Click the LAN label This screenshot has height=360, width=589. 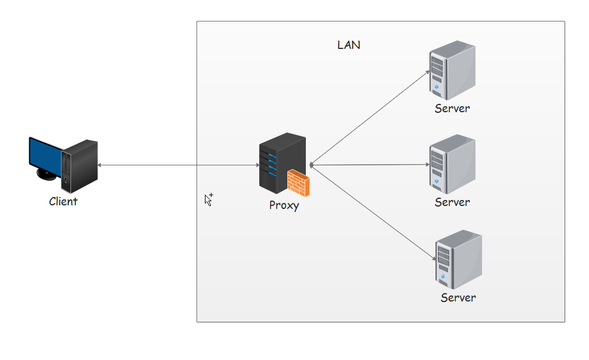pyautogui.click(x=349, y=45)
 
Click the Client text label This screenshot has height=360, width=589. pyautogui.click(x=63, y=201)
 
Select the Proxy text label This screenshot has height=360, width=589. pyautogui.click(x=284, y=205)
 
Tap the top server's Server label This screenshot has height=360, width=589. pyautogui.click(x=452, y=109)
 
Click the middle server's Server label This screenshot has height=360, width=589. pyautogui.click(x=452, y=202)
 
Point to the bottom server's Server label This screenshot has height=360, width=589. pyautogui.click(x=458, y=297)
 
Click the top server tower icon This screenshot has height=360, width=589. pyautogui.click(x=452, y=70)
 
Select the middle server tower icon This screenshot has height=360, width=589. pyautogui.click(x=452, y=164)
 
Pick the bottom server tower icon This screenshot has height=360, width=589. pyautogui.click(x=458, y=259)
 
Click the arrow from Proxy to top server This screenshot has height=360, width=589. pyautogui.click(x=370, y=117)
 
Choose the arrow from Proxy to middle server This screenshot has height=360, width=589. pyautogui.click(x=370, y=164)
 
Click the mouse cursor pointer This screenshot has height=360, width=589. pyautogui.click(x=208, y=199)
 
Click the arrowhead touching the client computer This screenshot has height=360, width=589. pyautogui.click(x=100, y=165)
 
